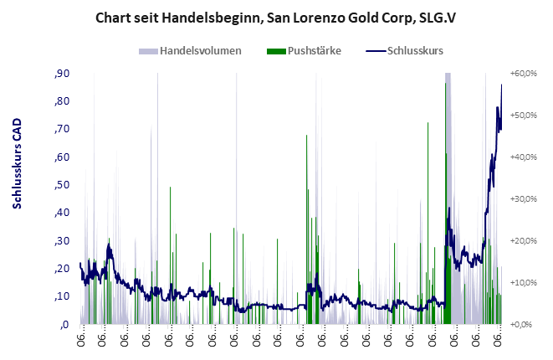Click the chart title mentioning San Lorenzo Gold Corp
275,17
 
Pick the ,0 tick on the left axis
64,324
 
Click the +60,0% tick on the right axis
523,74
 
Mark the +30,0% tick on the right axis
523,198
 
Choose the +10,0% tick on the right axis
523,282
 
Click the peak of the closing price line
502,85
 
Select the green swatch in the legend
275,51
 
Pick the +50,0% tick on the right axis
523,116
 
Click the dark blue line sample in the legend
377,51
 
